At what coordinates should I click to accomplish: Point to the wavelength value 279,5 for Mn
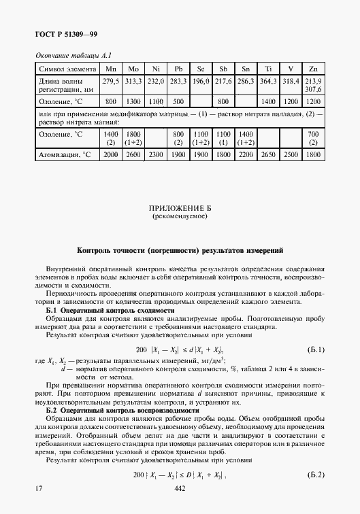coord(110,82)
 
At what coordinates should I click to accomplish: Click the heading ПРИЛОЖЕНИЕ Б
coord(179,209)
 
